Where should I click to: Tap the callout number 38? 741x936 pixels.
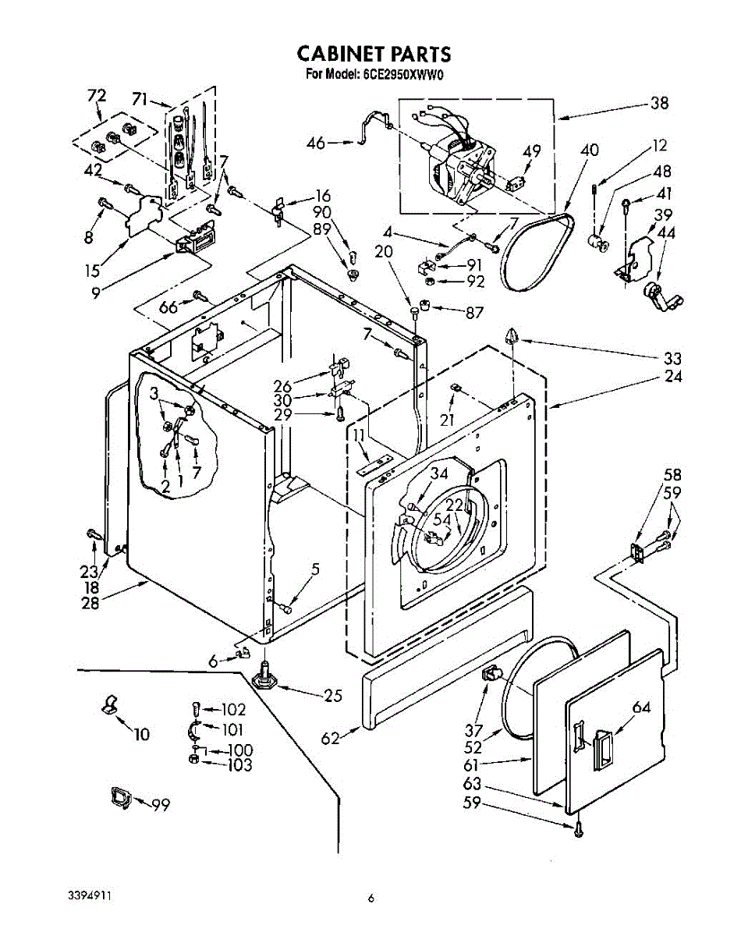[660, 103]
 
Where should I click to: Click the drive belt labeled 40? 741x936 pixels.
[537, 251]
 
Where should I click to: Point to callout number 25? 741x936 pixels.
[333, 696]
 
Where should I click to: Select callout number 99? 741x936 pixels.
[161, 806]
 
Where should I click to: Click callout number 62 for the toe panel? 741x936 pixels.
[330, 738]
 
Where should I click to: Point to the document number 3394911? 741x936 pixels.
[90, 896]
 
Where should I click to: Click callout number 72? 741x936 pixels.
[97, 95]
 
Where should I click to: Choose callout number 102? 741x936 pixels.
[234, 709]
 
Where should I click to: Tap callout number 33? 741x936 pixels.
[672, 359]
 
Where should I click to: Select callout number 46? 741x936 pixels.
[315, 143]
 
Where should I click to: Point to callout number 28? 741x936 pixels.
[90, 603]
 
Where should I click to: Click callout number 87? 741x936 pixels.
[474, 312]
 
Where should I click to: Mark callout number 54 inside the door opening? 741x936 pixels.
[442, 519]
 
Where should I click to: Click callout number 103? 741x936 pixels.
[239, 764]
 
